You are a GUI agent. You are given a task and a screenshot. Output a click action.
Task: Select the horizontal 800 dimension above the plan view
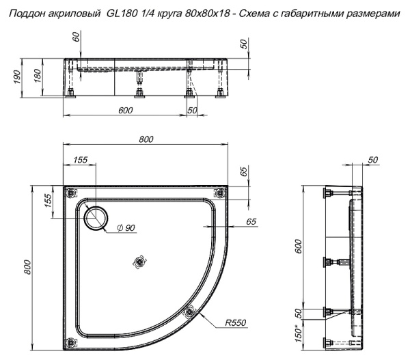[x=145, y=139]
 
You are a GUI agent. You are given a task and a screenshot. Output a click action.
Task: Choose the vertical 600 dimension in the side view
[x=299, y=247]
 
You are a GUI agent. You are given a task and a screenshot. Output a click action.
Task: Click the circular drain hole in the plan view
[x=94, y=217]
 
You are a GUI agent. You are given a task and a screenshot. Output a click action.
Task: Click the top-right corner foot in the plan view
[x=218, y=192]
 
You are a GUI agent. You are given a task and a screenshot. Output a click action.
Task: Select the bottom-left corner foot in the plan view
[x=68, y=342]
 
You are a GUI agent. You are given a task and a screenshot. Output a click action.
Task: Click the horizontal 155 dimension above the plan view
[x=80, y=159]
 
